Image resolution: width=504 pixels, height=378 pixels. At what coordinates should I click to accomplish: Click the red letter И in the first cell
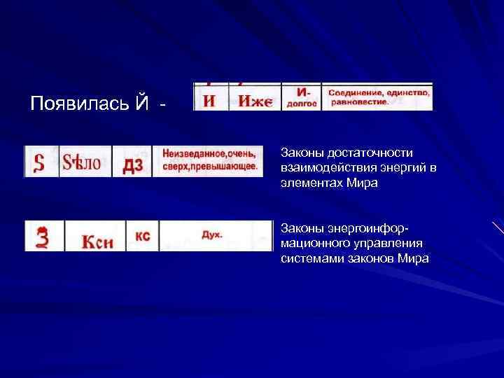(209, 101)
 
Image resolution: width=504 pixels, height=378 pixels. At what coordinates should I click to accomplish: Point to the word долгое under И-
(302, 103)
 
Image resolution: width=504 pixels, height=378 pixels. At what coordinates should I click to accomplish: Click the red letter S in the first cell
(40, 163)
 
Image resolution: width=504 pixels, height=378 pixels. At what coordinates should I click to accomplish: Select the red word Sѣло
(82, 163)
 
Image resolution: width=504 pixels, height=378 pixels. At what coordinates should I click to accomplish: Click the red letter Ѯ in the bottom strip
(43, 236)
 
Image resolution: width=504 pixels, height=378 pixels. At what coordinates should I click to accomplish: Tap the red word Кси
(98, 239)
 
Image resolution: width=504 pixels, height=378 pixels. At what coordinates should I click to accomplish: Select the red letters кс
(142, 237)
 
